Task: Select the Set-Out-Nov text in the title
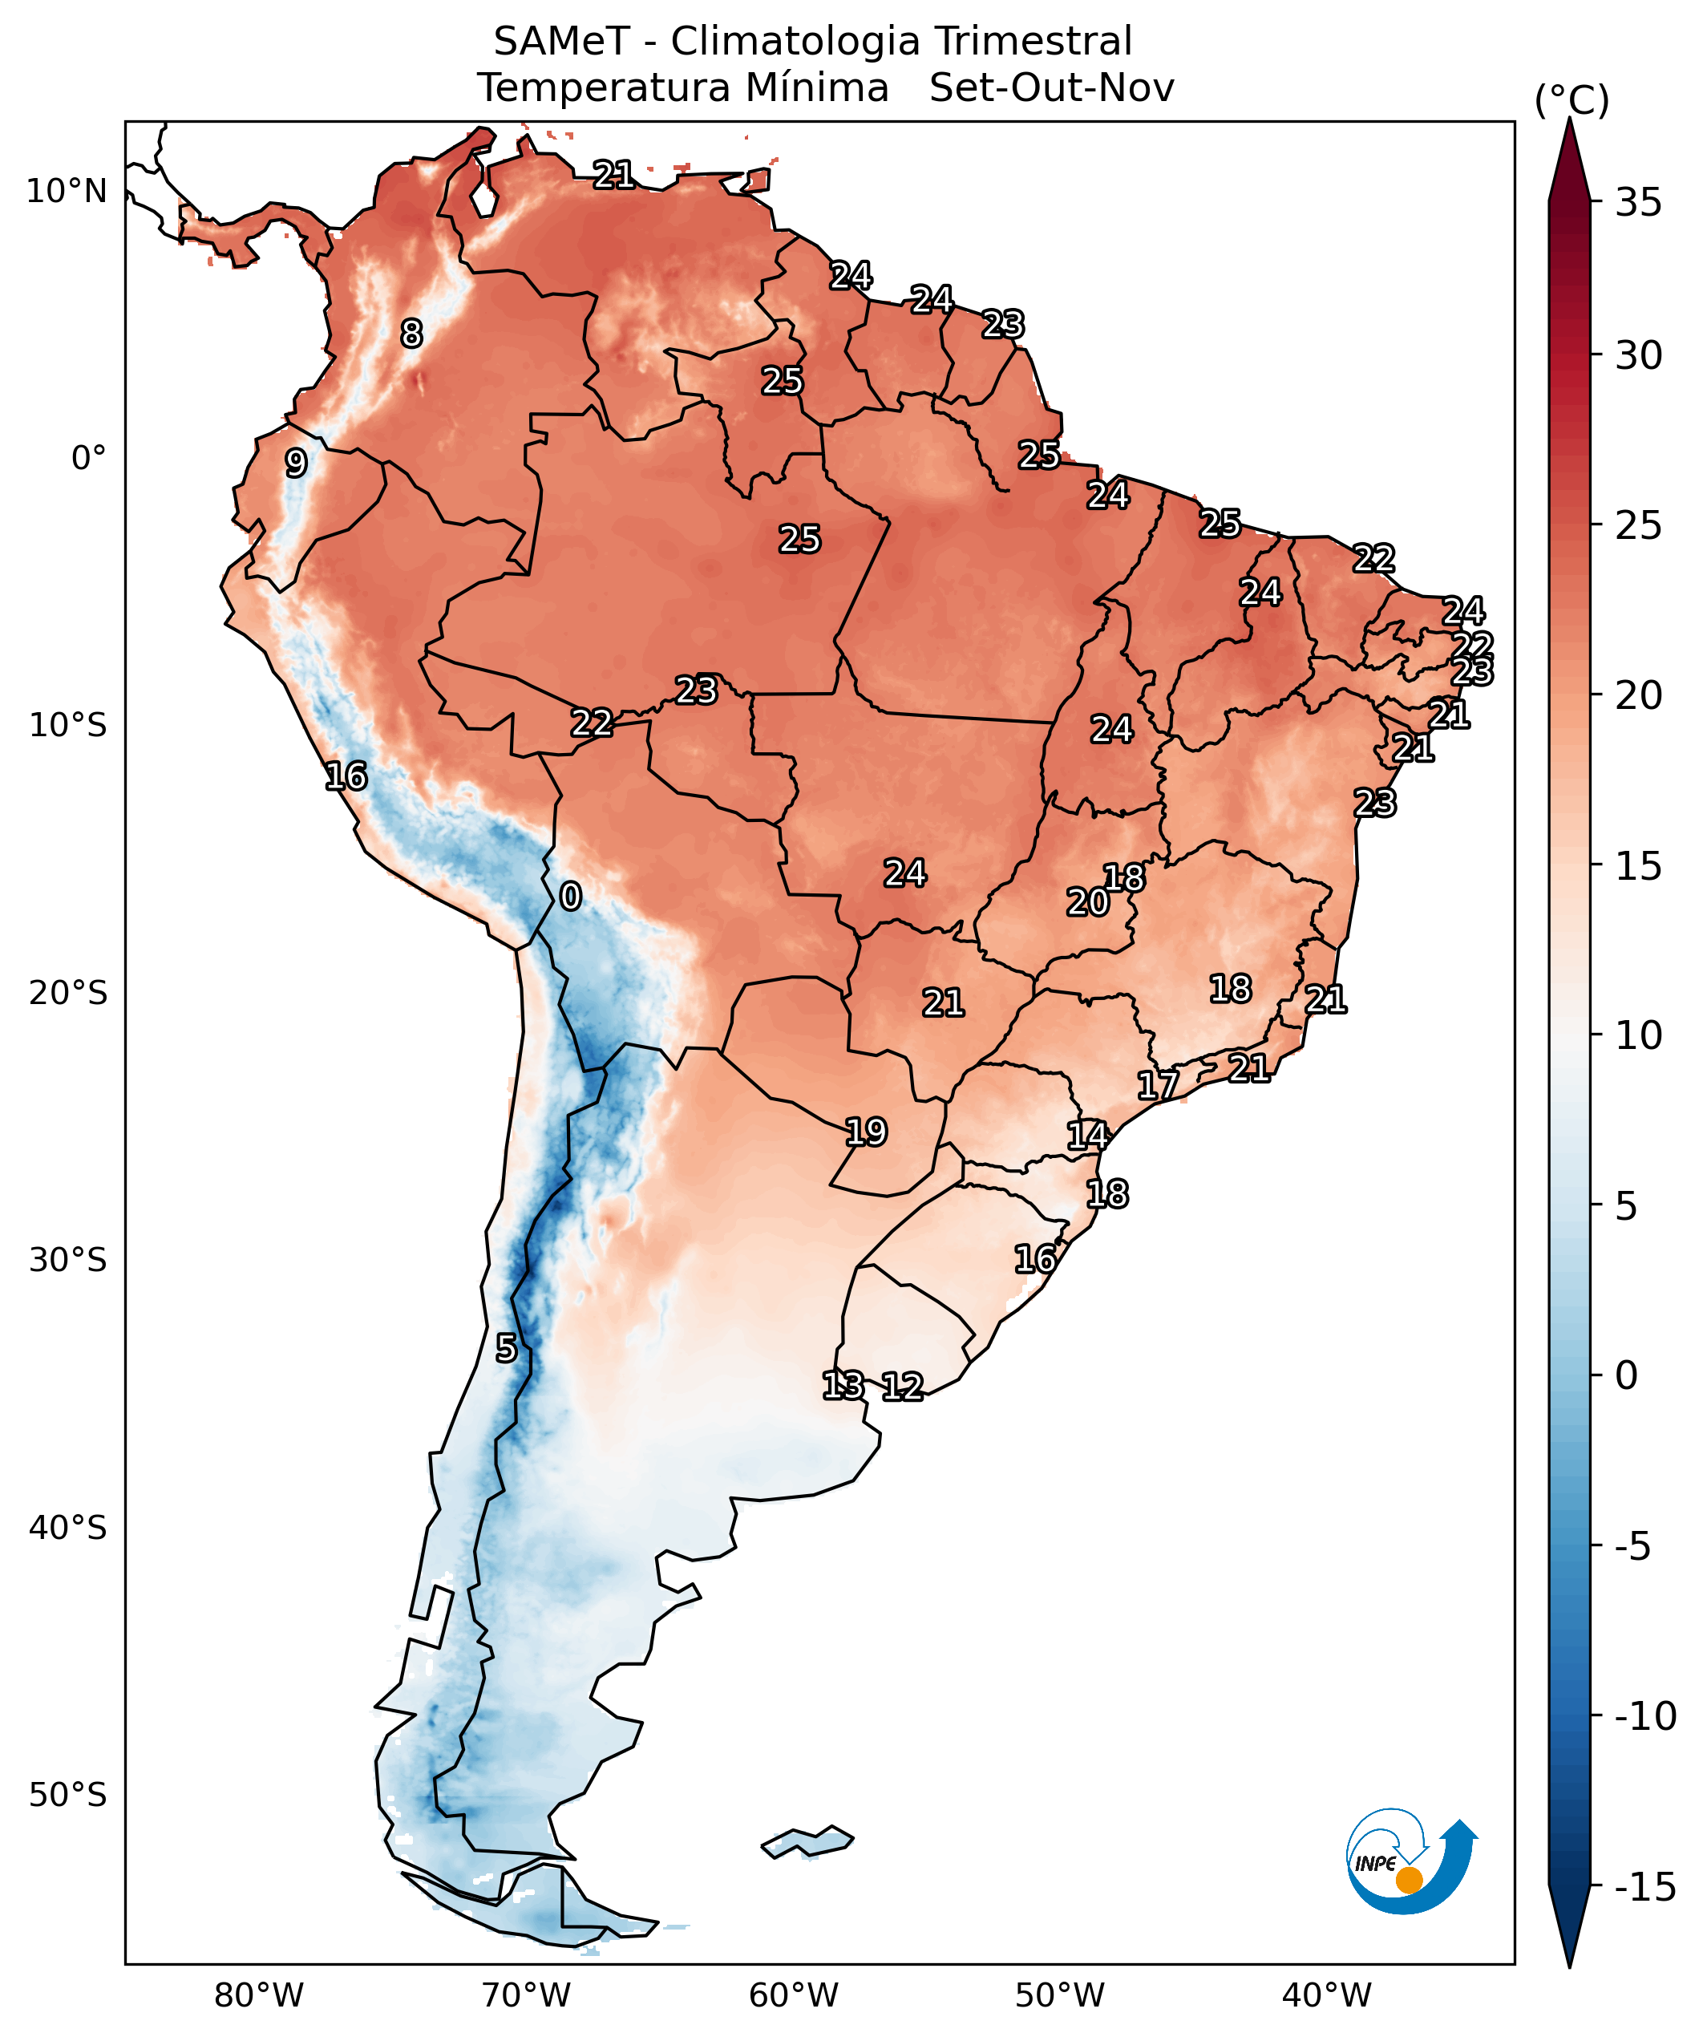(1051, 88)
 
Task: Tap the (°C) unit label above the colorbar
(1571, 101)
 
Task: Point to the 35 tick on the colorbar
(1638, 204)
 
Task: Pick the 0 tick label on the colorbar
(1626, 1375)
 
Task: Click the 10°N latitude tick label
(66, 192)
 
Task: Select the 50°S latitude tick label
(67, 1795)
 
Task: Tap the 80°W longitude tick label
(259, 1996)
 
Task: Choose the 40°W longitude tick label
(1327, 1996)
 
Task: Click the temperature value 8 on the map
(412, 334)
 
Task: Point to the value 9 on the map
(296, 463)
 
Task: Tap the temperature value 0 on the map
(570, 897)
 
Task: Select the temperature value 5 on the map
(506, 1348)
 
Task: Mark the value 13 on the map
(843, 1385)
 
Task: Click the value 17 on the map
(1158, 1085)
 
